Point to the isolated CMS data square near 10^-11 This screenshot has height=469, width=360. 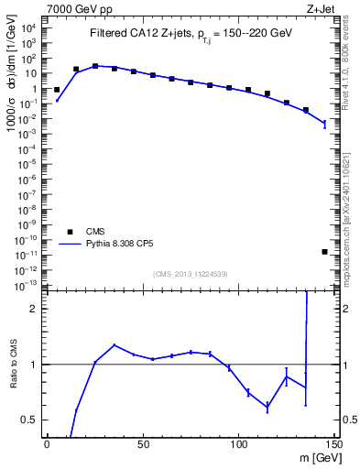(325, 252)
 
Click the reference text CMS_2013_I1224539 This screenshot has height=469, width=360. (191, 274)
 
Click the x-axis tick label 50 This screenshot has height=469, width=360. (142, 444)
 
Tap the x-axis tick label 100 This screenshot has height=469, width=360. (237, 444)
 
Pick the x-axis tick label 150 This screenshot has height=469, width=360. (334, 444)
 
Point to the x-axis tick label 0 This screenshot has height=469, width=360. (46, 444)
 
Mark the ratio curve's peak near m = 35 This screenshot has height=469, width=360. (114, 345)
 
